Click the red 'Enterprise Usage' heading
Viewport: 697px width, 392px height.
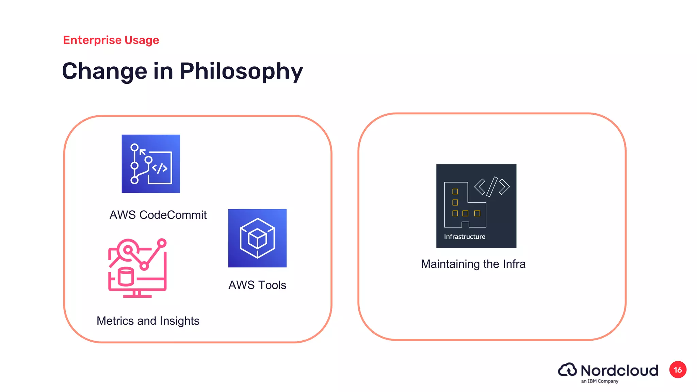[111, 40]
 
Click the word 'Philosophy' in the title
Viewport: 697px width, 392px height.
[241, 71]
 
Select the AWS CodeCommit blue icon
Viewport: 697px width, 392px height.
[151, 164]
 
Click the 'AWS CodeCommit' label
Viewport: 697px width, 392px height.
[158, 215]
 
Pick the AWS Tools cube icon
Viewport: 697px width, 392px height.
[257, 238]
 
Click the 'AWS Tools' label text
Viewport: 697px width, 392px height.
[257, 285]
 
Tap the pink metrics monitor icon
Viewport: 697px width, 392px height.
[137, 268]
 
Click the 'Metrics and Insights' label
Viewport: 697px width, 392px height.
[148, 321]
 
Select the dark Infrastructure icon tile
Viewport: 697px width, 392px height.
[476, 206]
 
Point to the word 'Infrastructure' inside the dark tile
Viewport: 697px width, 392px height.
[465, 237]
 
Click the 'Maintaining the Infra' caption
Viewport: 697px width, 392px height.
[473, 264]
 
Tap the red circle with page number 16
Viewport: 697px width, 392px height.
[678, 370]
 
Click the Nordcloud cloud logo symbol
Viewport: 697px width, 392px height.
[567, 370]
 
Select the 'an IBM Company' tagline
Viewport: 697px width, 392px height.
[600, 381]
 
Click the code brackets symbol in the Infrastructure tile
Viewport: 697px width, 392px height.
[492, 187]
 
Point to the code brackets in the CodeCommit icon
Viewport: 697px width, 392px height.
[160, 168]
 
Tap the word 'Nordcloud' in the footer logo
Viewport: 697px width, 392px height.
[619, 371]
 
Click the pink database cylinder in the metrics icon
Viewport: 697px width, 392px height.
[126, 277]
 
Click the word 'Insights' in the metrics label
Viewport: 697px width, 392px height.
[179, 321]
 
